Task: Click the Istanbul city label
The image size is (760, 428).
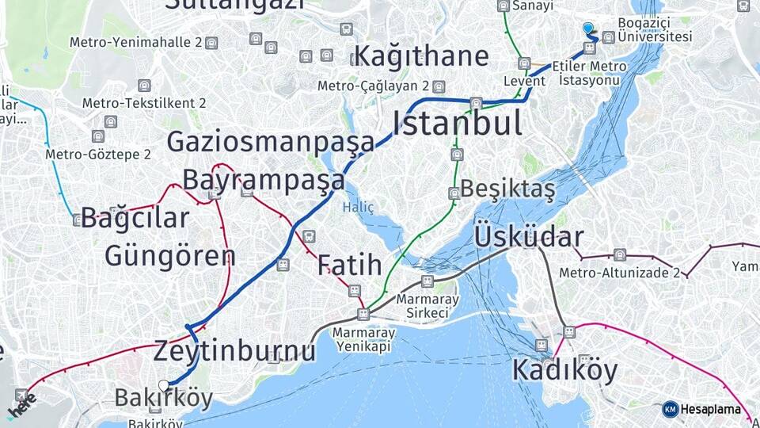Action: pos(458,124)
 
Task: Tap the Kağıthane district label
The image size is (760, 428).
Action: pos(420,56)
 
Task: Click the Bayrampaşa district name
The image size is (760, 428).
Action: pos(264,180)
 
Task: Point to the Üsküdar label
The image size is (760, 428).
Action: pos(529,237)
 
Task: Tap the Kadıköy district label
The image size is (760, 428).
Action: pos(564,369)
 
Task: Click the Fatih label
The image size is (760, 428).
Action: pos(349,266)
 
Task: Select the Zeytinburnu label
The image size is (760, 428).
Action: pos(234,350)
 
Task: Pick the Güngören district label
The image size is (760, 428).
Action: pos(169,256)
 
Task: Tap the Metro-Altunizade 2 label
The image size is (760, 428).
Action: pos(619,273)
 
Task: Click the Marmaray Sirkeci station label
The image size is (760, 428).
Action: pos(427,306)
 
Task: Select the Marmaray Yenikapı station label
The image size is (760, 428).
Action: pos(363,339)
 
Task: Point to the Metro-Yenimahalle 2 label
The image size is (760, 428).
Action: pos(135,42)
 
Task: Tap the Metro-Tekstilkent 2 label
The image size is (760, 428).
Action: pos(144,103)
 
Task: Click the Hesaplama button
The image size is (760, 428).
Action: pos(702,410)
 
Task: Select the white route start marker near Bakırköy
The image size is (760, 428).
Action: pos(164,385)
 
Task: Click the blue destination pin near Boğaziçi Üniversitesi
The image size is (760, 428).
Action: pos(588,28)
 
